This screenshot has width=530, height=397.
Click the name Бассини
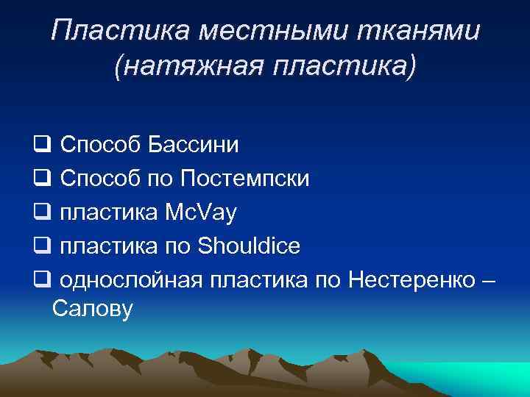[x=194, y=144]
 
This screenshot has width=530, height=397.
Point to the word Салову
[x=93, y=309]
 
